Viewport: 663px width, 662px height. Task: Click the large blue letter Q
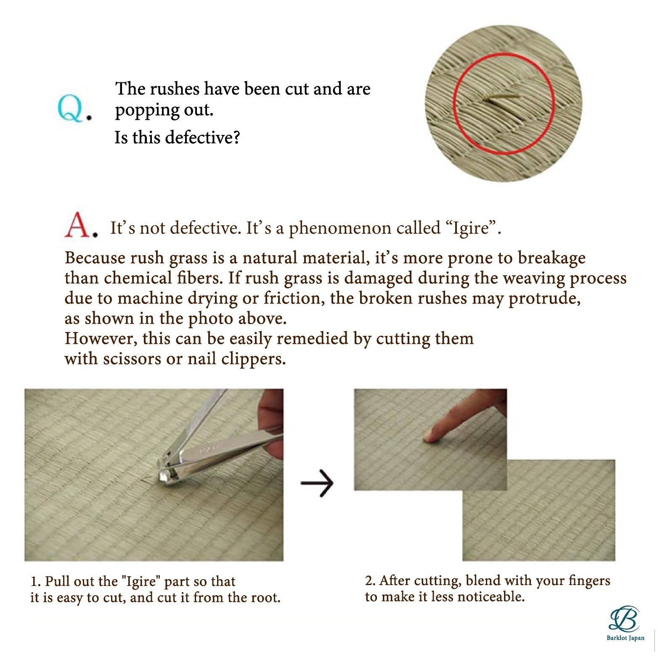click(71, 108)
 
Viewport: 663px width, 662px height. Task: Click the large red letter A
click(78, 225)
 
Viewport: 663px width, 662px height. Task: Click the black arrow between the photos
click(317, 483)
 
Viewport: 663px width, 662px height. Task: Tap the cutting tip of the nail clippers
click(162, 476)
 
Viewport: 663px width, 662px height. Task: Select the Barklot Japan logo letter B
click(625, 619)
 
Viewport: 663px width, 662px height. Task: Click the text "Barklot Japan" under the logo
click(625, 638)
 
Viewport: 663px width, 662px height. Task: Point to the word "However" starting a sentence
click(99, 338)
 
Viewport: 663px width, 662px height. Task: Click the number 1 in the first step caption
click(34, 581)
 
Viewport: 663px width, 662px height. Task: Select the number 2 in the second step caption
click(369, 580)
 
